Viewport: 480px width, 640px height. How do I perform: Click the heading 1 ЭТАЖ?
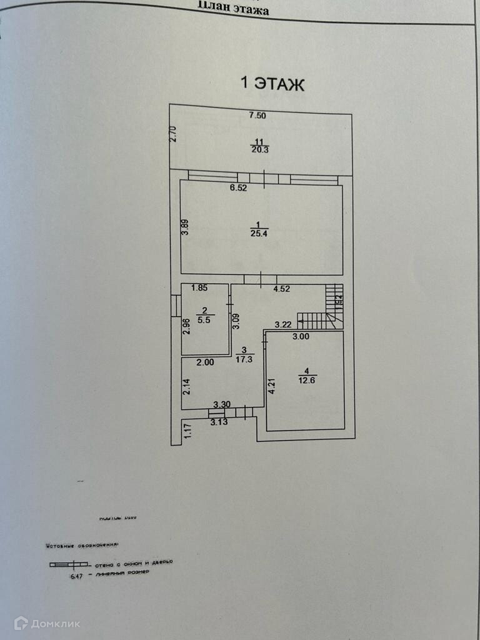pos(272,84)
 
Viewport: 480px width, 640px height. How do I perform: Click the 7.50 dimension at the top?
pos(257,115)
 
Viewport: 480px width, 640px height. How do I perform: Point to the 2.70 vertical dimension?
pos(174,134)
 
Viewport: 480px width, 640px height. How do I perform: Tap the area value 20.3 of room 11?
pos(257,149)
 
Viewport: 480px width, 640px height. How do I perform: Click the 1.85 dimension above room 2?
pos(199,288)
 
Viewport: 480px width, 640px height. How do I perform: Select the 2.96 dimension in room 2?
pos(186,327)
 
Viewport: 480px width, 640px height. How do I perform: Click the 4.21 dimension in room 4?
pos(271,384)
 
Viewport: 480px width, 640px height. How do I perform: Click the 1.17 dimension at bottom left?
pos(186,431)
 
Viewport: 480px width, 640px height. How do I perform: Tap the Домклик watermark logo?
pos(47,622)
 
